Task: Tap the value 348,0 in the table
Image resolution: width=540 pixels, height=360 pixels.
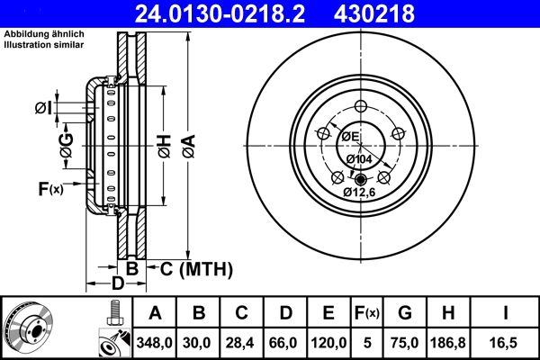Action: pyautogui.click(x=154, y=343)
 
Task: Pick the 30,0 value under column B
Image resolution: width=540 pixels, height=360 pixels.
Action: pyautogui.click(x=199, y=343)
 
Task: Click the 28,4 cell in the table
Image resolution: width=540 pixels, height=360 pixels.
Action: pyautogui.click(x=242, y=343)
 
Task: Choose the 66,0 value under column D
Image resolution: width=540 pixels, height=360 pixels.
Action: pyautogui.click(x=285, y=343)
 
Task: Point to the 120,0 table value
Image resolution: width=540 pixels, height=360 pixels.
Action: pyautogui.click(x=328, y=343)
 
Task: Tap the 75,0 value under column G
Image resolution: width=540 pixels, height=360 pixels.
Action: pyautogui.click(x=405, y=343)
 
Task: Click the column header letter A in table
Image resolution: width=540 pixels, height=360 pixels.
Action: pyautogui.click(x=154, y=313)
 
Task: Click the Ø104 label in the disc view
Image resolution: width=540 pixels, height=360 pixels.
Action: pyautogui.click(x=360, y=159)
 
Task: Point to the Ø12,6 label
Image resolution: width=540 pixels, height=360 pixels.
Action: pyautogui.click(x=360, y=191)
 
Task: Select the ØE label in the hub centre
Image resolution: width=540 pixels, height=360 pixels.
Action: pyautogui.click(x=349, y=136)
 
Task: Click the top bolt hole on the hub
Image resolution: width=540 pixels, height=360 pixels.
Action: pyautogui.click(x=361, y=107)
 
